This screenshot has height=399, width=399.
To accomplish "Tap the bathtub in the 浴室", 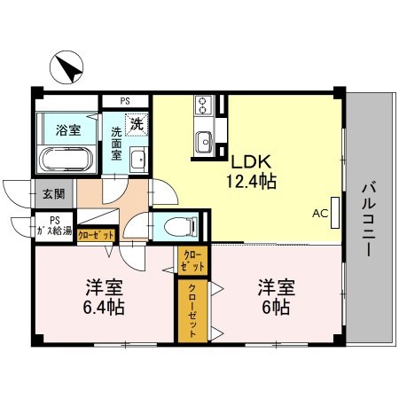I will tap(66, 160).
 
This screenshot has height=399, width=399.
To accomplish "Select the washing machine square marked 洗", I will tap(137, 125).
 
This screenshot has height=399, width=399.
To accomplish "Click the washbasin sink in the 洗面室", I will tap(137, 160).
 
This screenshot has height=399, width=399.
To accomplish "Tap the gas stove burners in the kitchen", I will tap(203, 106).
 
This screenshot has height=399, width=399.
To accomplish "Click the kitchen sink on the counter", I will tap(203, 139).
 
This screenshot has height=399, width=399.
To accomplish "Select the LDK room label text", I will tap(252, 164).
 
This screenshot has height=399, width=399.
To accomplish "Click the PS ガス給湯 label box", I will tap(54, 226).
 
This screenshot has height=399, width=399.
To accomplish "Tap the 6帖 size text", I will tap(275, 308).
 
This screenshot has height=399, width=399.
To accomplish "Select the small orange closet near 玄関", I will tap(96, 235).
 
